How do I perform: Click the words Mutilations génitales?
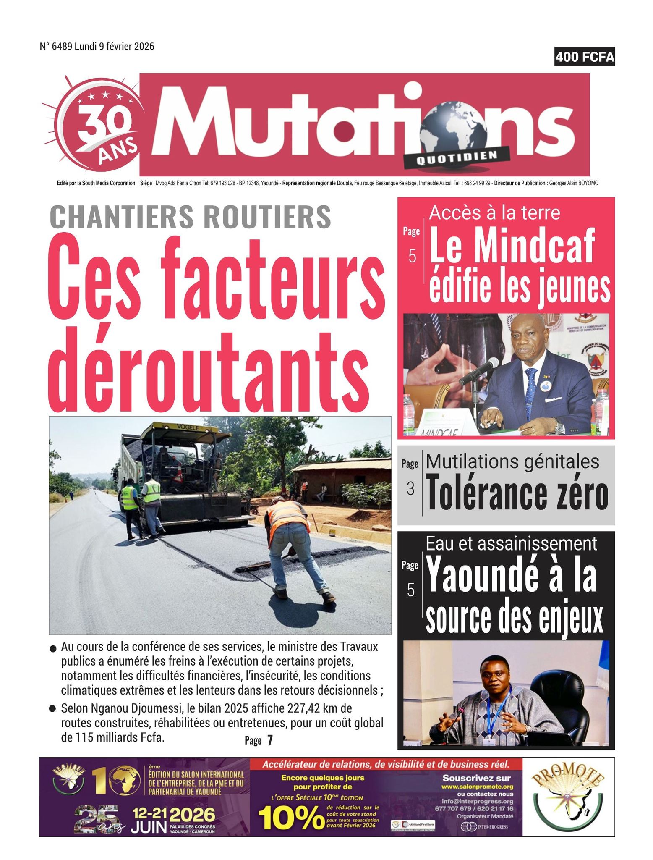(x=512, y=461)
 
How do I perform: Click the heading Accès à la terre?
(x=494, y=213)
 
